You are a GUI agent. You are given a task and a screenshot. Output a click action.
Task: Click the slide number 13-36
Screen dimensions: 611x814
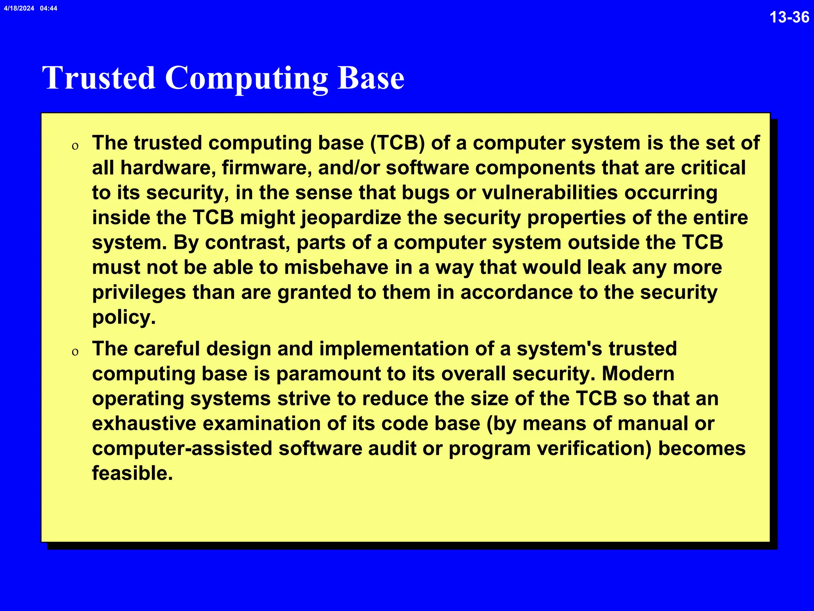pyautogui.click(x=789, y=17)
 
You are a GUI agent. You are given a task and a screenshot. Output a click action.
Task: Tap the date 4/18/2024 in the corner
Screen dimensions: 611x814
pyautogui.click(x=19, y=8)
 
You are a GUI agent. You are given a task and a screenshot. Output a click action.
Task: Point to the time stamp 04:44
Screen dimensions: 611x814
pyautogui.click(x=48, y=8)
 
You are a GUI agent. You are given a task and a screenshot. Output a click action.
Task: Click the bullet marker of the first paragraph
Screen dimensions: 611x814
pyautogui.click(x=75, y=146)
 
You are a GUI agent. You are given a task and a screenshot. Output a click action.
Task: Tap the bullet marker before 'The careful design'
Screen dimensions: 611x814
pyautogui.click(x=75, y=352)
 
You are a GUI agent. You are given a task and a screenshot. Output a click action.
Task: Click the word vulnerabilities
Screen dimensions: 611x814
pyautogui.click(x=550, y=193)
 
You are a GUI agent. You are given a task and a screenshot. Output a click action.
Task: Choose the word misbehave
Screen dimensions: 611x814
pyautogui.click(x=336, y=267)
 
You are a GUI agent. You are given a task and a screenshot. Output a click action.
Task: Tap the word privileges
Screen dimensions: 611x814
pyautogui.click(x=139, y=293)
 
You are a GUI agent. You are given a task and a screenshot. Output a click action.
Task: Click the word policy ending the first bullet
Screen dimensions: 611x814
pyautogui.click(x=124, y=317)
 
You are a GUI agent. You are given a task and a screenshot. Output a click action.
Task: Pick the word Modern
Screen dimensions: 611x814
pyautogui.click(x=638, y=374)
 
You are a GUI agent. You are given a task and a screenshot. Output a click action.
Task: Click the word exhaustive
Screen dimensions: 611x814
pyautogui.click(x=144, y=424)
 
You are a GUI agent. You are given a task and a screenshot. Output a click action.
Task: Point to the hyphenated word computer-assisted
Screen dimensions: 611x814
pyautogui.click(x=182, y=448)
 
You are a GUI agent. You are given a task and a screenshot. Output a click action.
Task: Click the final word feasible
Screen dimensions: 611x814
pyautogui.click(x=132, y=473)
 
